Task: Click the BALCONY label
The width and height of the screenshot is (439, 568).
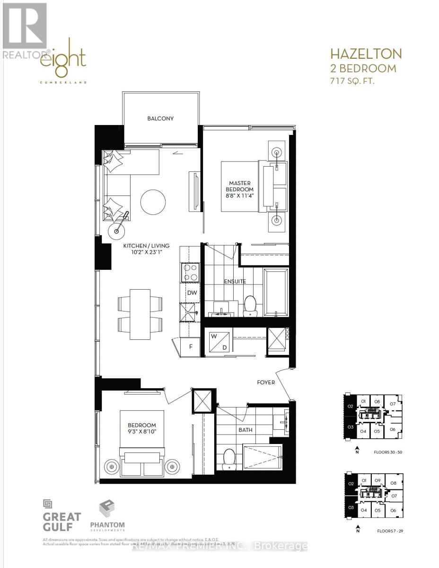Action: click(160, 118)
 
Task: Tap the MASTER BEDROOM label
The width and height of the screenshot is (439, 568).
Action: click(240, 186)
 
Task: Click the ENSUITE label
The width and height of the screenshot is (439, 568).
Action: click(235, 281)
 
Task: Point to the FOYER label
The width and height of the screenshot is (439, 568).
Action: click(266, 382)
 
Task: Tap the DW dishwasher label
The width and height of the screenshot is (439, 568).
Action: click(192, 293)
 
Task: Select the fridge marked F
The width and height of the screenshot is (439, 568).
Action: click(191, 346)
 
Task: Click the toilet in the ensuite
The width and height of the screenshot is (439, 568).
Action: click(250, 305)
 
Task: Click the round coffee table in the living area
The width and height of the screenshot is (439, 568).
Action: click(153, 201)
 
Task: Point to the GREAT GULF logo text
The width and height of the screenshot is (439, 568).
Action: click(61, 522)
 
